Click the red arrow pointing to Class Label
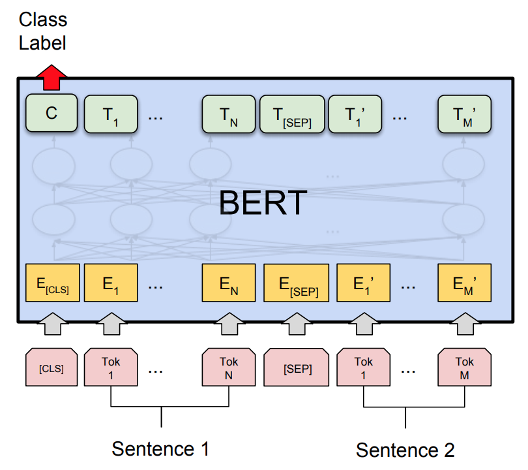(51, 77)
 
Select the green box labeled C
(51, 113)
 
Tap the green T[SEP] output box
(292, 114)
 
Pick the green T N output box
(229, 114)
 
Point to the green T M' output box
(464, 114)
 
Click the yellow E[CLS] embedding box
(53, 283)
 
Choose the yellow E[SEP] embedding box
(297, 283)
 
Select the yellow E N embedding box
(229, 283)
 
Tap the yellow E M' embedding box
(464, 283)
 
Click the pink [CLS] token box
(51, 367)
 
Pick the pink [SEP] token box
(297, 367)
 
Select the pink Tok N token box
(229, 367)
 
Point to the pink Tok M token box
(464, 367)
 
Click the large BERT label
(263, 202)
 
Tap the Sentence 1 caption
(160, 448)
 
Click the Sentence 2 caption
(405, 450)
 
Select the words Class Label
(43, 31)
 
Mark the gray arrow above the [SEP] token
(297, 324)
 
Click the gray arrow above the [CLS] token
(53, 324)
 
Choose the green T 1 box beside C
(111, 114)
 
